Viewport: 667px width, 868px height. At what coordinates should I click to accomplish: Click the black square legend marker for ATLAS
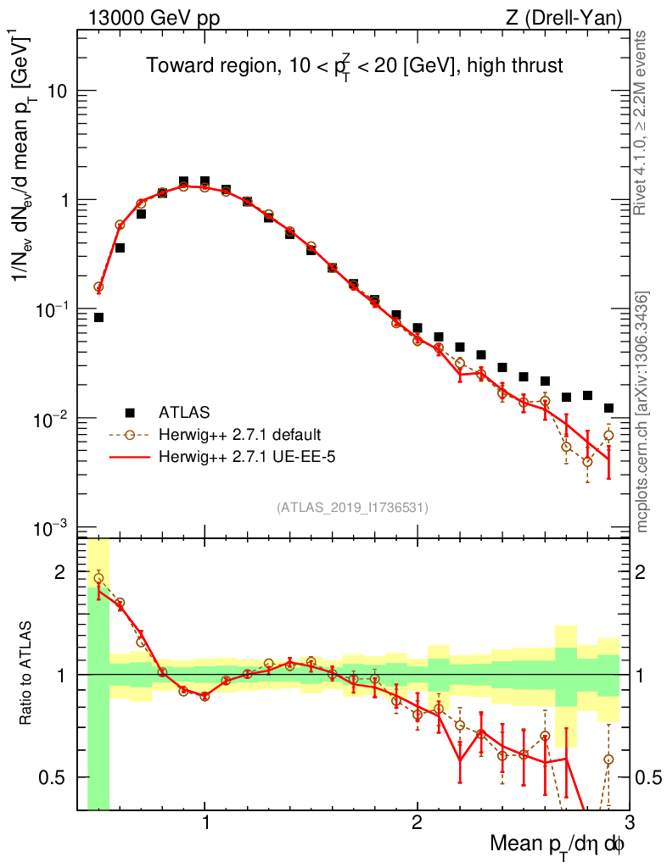click(130, 413)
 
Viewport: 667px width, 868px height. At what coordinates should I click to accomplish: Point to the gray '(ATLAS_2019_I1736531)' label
click(352, 508)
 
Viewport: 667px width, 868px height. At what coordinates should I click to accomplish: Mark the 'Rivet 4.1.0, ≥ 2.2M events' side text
click(642, 123)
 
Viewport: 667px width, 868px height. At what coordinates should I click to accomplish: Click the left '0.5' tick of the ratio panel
click(59, 777)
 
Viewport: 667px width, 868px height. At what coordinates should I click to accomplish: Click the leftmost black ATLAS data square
click(98, 317)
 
